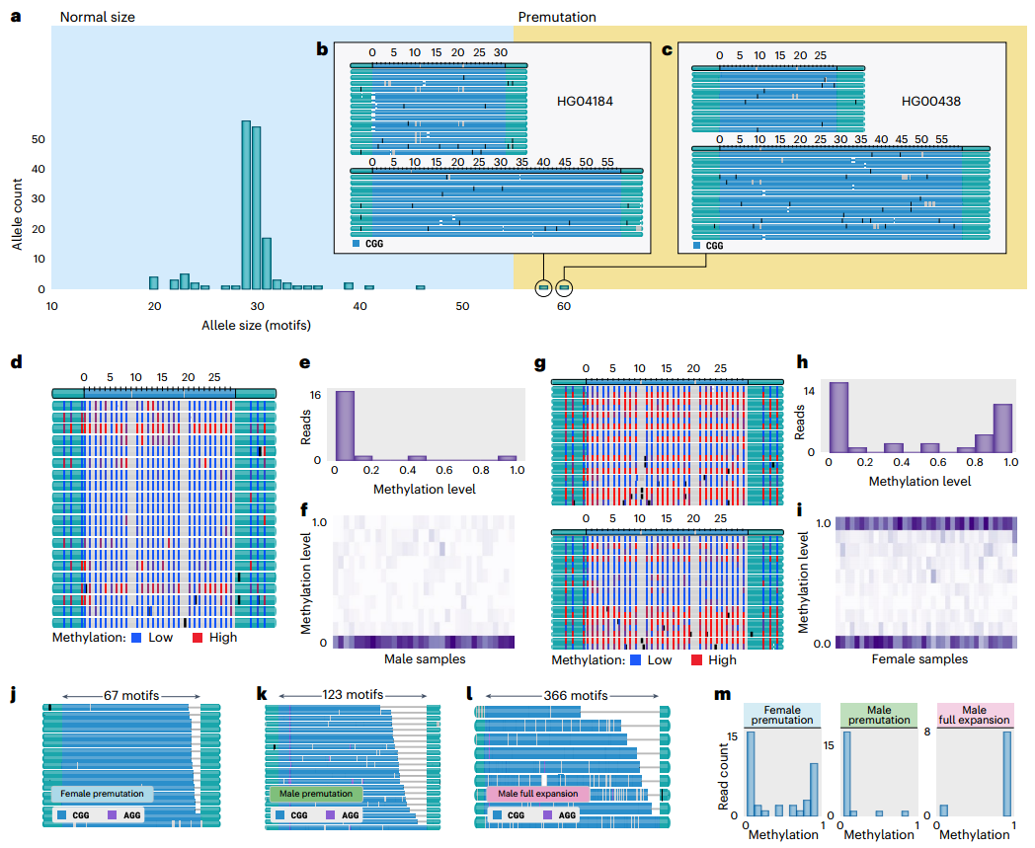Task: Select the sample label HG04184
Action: coord(585,101)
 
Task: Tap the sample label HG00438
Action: coord(930,101)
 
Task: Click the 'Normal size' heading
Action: coord(98,17)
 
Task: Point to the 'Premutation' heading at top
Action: coord(557,17)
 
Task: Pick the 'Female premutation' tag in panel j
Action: coord(103,794)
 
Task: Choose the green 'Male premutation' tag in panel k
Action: coord(316,794)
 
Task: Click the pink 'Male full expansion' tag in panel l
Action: coord(538,794)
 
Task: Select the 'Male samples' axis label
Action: coord(423,658)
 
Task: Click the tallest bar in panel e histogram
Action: coord(345,425)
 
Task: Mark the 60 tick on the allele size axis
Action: coord(564,307)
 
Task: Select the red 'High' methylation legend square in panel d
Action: coord(198,638)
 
